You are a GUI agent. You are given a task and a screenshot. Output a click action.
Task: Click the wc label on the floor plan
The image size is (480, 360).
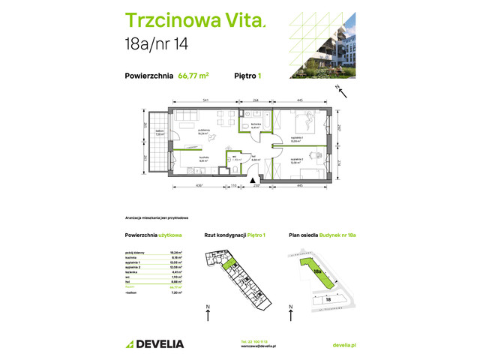pyautogui.click(x=234, y=158)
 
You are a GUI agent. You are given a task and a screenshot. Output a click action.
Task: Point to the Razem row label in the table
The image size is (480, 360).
pyautogui.click(x=130, y=286)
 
